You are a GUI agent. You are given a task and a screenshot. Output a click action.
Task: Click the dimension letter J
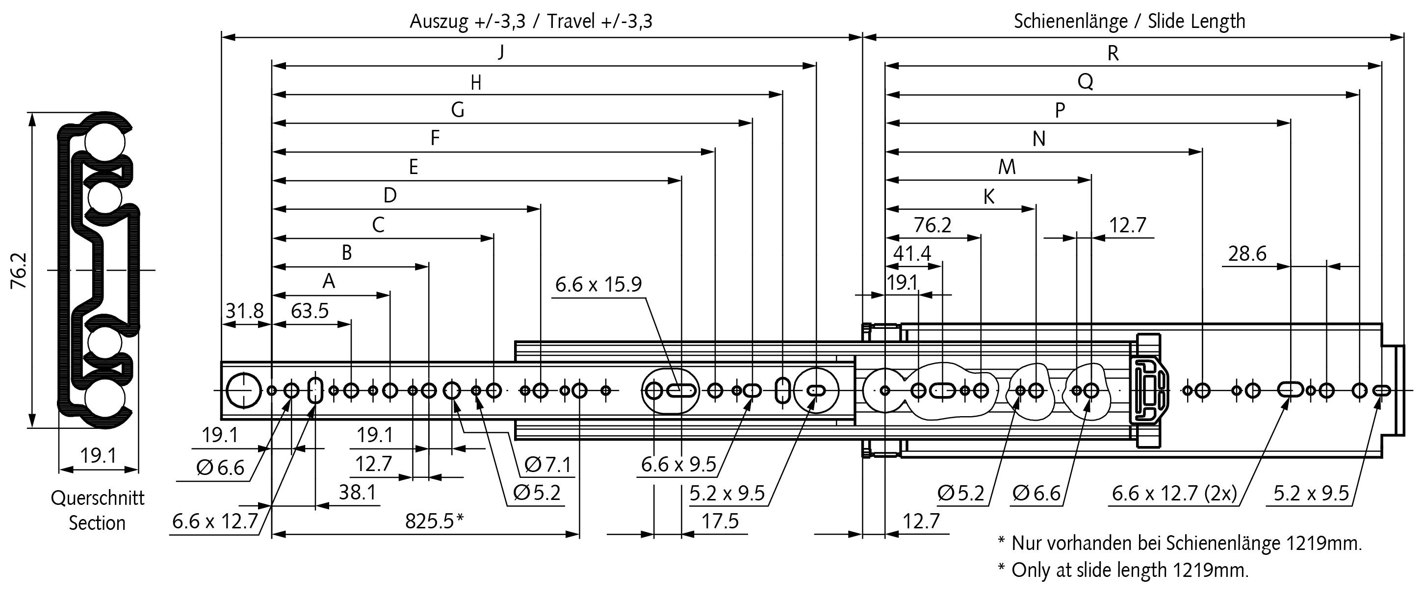[x=501, y=52]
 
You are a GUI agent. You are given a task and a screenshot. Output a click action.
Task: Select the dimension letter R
[x=1113, y=53]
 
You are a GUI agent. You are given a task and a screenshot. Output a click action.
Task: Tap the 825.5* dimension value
[x=434, y=521]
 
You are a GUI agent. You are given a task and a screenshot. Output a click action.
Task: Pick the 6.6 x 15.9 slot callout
[x=598, y=284]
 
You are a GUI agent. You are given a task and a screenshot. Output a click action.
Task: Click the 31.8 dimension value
[x=244, y=311]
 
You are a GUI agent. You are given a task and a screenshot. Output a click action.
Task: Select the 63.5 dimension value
[x=310, y=311]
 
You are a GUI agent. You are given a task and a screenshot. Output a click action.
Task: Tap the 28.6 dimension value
[x=1247, y=253]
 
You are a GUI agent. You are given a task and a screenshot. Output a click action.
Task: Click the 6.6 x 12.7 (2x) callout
[x=1174, y=493]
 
